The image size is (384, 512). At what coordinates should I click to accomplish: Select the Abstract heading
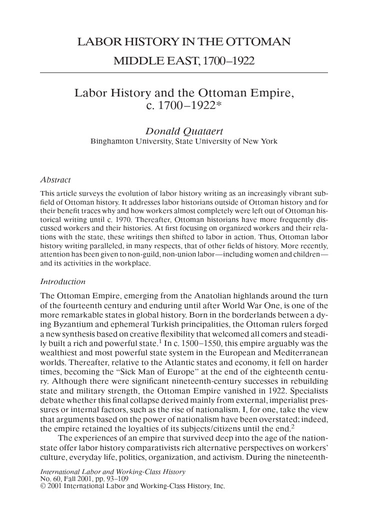click(55, 179)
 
